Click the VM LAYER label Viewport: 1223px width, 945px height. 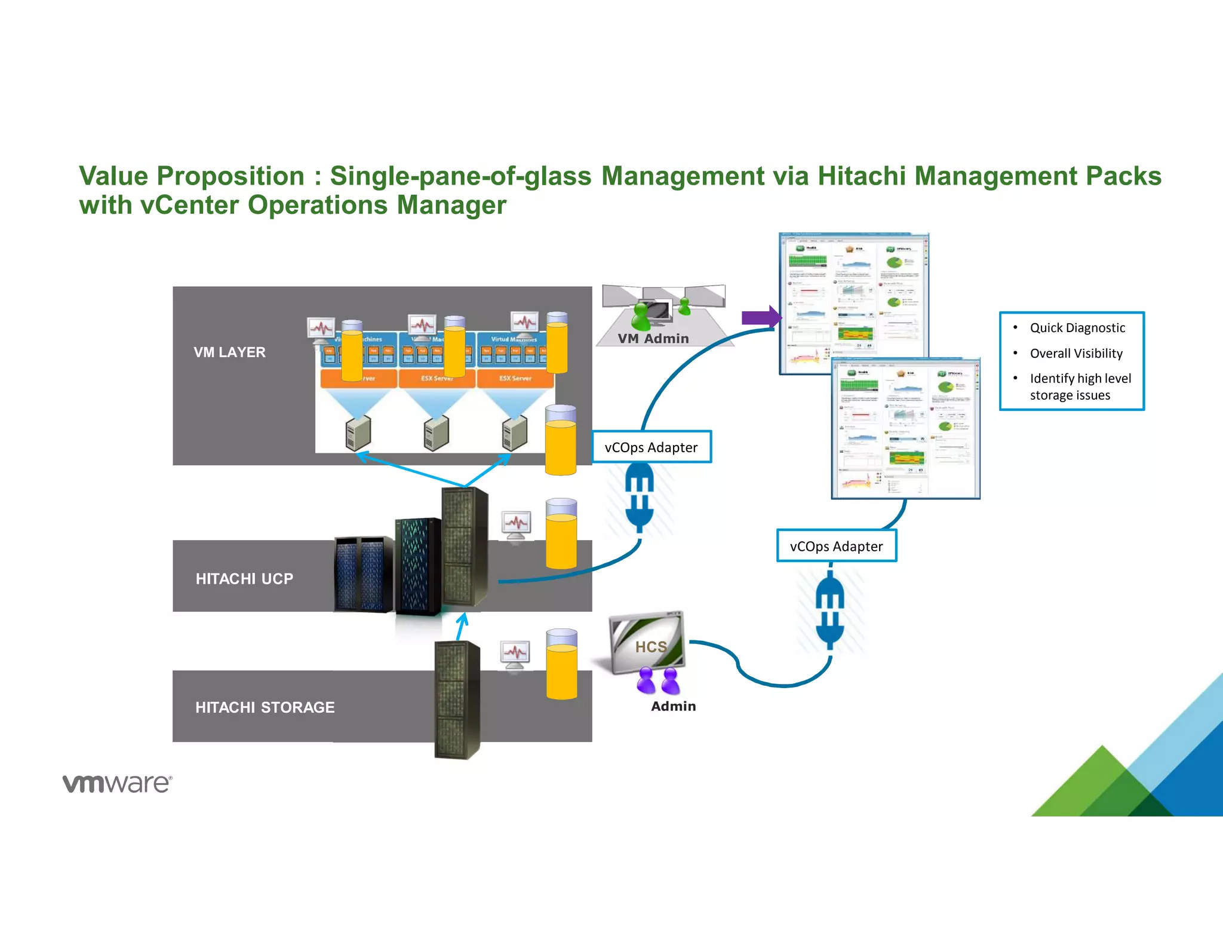click(229, 352)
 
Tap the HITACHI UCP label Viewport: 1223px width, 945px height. click(244, 579)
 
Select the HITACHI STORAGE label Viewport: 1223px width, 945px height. click(265, 707)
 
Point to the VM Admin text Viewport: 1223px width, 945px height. click(653, 339)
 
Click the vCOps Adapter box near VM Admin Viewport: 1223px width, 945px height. click(652, 447)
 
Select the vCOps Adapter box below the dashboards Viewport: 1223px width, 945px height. click(836, 546)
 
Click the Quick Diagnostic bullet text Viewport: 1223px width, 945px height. click(1077, 328)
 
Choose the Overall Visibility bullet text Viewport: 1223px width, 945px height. click(1076, 354)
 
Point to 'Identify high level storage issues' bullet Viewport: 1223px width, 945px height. click(1080, 386)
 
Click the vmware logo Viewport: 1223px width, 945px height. click(118, 783)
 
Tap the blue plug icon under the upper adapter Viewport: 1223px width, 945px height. click(640, 497)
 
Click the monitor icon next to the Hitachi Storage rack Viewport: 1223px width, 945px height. click(515, 653)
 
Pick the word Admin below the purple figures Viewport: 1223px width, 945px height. click(673, 706)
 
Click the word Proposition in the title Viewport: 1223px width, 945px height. click(231, 176)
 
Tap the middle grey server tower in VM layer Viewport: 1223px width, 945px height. click(436, 434)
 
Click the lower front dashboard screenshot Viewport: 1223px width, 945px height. click(905, 429)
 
